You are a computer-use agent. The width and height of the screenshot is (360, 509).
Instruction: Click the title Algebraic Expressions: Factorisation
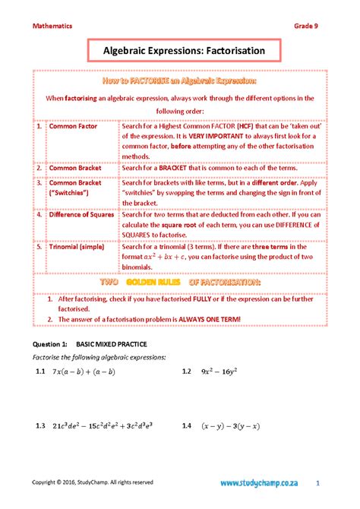(x=179, y=50)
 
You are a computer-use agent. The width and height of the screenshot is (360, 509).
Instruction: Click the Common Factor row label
(x=74, y=126)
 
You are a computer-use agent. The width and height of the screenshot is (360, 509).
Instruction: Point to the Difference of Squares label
(x=81, y=215)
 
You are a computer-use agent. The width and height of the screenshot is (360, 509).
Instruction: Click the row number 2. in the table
(x=39, y=167)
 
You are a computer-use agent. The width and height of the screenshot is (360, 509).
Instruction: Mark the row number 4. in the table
(x=39, y=215)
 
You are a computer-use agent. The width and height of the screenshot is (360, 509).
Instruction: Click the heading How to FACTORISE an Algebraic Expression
(x=179, y=81)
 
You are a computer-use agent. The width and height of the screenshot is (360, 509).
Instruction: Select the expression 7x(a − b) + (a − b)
(x=84, y=372)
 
